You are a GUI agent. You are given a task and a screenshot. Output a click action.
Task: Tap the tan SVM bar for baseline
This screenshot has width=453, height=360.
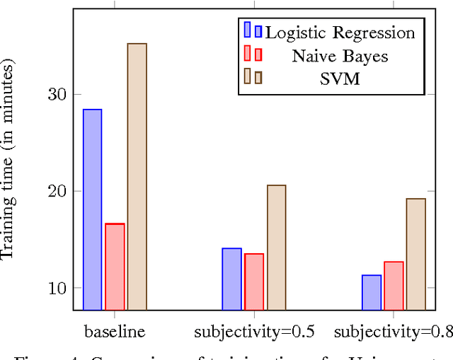137,177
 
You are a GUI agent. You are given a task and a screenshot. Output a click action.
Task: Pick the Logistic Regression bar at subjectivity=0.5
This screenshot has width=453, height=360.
231,279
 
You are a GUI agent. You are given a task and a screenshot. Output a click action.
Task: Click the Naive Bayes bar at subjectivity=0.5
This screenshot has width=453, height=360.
253,281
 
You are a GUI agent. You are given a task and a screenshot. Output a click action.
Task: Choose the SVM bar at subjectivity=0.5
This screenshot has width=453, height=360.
276,248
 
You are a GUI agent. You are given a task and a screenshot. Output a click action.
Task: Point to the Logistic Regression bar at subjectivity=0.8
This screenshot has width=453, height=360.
371,292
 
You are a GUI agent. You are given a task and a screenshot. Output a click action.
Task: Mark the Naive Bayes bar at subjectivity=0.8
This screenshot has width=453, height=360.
394,286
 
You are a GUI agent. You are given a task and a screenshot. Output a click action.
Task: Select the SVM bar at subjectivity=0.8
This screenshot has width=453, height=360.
415,254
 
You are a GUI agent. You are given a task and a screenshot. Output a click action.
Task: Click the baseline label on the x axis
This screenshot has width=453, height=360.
115,331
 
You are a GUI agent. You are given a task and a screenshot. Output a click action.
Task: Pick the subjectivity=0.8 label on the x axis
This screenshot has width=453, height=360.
393,332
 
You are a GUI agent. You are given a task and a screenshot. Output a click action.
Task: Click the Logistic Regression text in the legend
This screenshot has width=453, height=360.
340,33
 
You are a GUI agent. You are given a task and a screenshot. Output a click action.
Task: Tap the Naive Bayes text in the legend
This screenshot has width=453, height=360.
340,55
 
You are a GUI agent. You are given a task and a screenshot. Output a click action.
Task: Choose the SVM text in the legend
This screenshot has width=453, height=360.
340,79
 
